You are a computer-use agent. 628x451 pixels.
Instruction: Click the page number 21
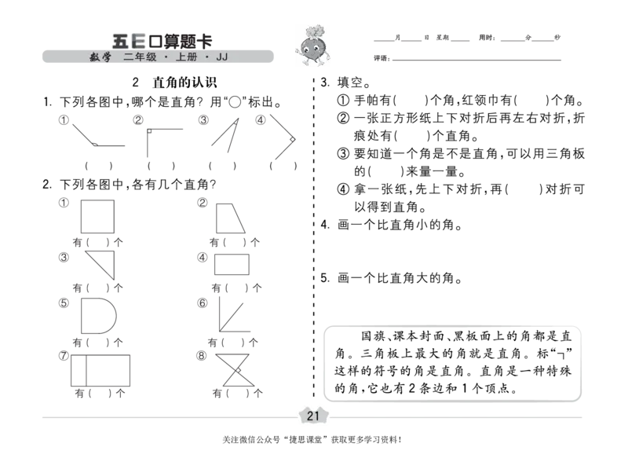pyautogui.click(x=313, y=416)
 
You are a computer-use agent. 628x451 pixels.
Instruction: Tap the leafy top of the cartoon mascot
pyautogui.click(x=314, y=29)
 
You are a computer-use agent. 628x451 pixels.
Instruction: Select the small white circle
pyautogui.click(x=235, y=101)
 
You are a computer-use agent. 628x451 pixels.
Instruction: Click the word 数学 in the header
pyautogui.click(x=100, y=57)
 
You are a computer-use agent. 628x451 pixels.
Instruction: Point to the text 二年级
pyautogui.click(x=140, y=57)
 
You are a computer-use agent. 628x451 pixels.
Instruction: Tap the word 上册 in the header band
pyautogui.click(x=187, y=57)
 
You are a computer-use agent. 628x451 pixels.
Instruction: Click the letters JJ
pyautogui.click(x=222, y=57)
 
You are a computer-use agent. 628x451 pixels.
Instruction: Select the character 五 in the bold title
pyautogui.click(x=121, y=40)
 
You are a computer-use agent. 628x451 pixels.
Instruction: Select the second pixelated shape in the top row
pyautogui.click(x=161, y=145)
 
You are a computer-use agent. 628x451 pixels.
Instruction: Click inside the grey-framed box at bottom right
pyautogui.click(x=451, y=365)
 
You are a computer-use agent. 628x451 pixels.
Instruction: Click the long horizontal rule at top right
pyautogui.click(x=468, y=59)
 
